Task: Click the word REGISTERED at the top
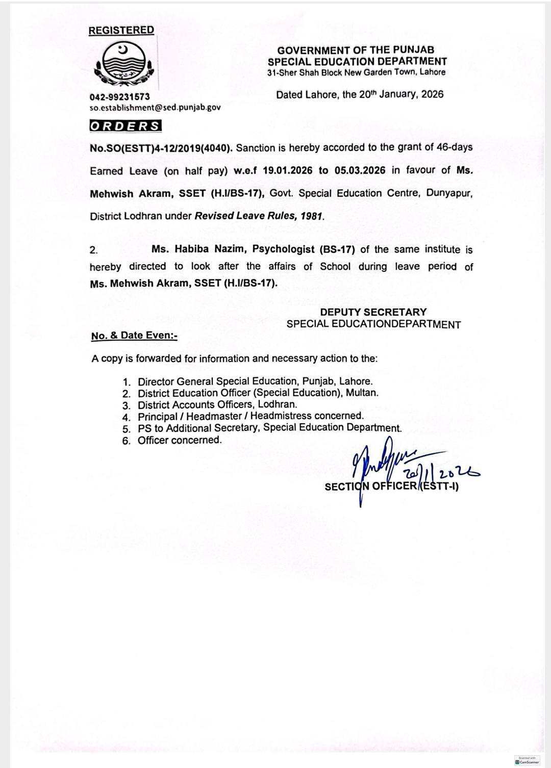click(121, 30)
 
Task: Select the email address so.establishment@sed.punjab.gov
click(155, 108)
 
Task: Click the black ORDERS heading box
click(126, 126)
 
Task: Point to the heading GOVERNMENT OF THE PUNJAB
click(356, 50)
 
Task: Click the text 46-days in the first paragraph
click(455, 147)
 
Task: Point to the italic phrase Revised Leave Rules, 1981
click(259, 216)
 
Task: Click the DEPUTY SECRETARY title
click(373, 312)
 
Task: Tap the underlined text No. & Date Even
click(134, 336)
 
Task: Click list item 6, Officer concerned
click(180, 440)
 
